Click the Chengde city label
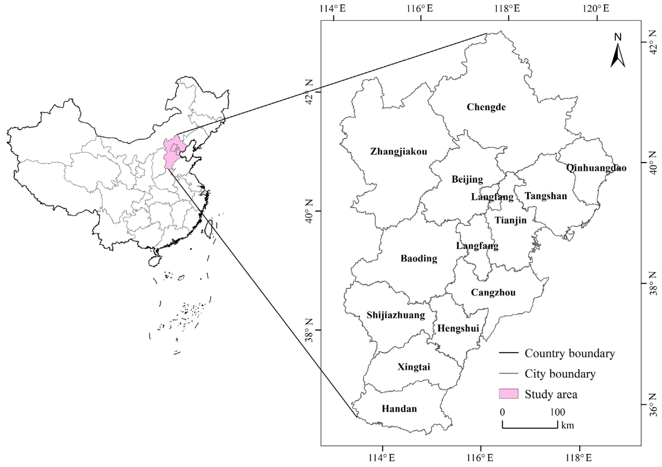click(x=486, y=107)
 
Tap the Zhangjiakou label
click(x=398, y=151)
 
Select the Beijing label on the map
click(x=467, y=179)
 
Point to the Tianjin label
click(x=511, y=220)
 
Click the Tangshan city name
click(x=546, y=196)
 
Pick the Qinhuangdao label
click(x=596, y=168)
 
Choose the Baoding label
click(x=419, y=259)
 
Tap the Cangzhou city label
click(x=493, y=293)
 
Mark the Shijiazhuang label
click(x=396, y=315)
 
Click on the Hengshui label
click(x=458, y=328)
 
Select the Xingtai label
click(x=414, y=367)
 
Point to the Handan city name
click(x=399, y=409)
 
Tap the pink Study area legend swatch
click(x=509, y=393)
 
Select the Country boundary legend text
click(x=569, y=353)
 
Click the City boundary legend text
click(x=560, y=374)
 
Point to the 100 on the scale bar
click(x=557, y=412)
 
